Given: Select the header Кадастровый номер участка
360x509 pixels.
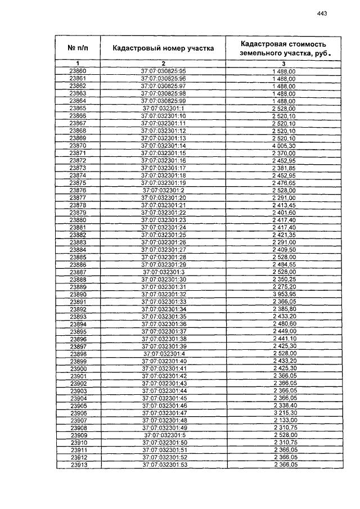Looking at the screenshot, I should tap(163, 48).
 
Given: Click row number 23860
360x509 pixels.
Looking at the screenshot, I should tap(78, 71).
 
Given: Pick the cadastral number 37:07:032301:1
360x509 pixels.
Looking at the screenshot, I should tap(163, 108).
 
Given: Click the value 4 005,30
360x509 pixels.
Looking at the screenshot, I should tap(283, 145).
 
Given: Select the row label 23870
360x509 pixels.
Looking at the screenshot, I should tap(78, 145).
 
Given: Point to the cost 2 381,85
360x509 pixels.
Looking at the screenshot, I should tap(283, 168).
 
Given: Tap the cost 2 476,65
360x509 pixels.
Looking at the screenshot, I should tap(283, 182).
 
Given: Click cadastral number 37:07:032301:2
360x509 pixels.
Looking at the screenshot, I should tap(163, 190).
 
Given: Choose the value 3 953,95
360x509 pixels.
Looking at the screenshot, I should tap(283, 294).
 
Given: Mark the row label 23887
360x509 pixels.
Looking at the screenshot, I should tap(78, 272).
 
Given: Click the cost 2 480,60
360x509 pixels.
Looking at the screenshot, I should tap(283, 324).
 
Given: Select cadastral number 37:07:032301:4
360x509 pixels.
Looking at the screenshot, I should tap(163, 353).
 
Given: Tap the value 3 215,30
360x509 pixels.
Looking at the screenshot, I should tap(283, 413).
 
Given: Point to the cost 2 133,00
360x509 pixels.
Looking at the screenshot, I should tap(283, 420).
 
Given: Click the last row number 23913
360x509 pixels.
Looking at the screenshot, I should tap(78, 465).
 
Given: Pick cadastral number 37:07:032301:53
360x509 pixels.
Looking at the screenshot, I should tap(163, 465).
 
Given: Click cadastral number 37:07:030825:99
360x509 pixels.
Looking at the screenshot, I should tap(163, 101).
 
